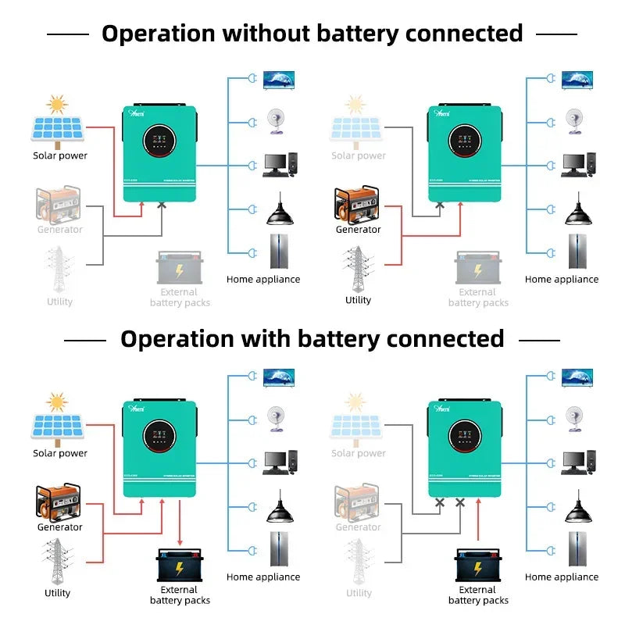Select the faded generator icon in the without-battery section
(x=59, y=205)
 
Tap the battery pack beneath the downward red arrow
(x=180, y=564)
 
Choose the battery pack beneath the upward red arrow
(x=478, y=564)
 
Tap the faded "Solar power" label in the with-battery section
(x=359, y=453)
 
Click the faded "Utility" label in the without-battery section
(x=59, y=302)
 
